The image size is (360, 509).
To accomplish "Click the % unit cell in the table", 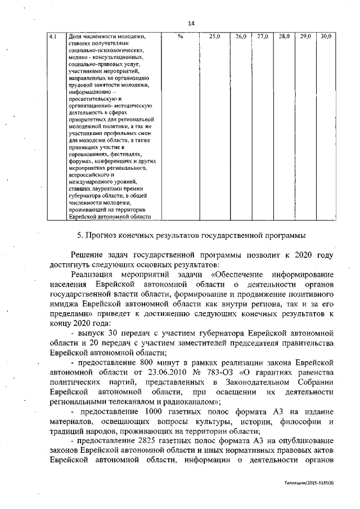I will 180,37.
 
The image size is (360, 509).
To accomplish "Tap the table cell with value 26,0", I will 241,37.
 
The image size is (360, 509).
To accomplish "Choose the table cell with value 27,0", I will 262,37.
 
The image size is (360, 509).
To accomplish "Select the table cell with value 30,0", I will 326,37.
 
